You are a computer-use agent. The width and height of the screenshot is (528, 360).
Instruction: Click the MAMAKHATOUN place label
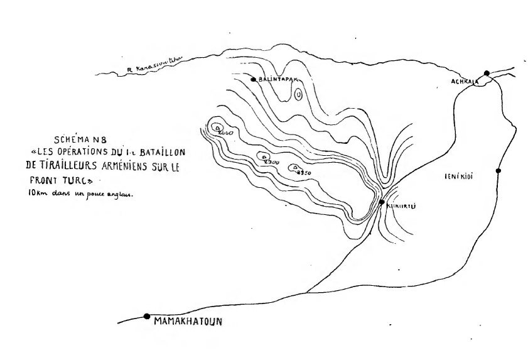click(x=188, y=324)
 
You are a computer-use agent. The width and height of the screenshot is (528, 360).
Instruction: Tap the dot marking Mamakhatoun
click(x=146, y=316)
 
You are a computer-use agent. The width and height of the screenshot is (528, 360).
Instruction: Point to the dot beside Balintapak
click(x=253, y=80)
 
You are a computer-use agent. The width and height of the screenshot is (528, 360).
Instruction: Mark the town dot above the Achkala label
click(x=487, y=73)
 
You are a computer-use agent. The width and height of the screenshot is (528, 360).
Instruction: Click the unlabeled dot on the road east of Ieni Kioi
click(x=498, y=170)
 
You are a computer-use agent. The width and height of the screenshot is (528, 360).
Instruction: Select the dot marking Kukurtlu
click(x=382, y=202)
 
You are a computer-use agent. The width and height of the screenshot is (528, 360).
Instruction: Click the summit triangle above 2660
click(x=218, y=128)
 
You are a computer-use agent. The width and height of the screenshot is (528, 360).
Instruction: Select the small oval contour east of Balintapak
click(x=299, y=94)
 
